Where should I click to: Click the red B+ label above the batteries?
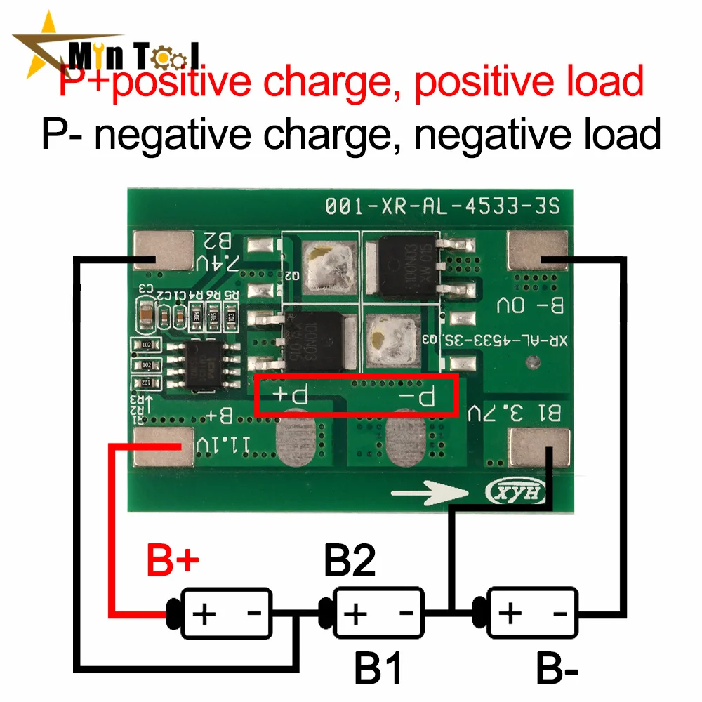[x=173, y=562]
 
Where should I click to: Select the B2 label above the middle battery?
[x=349, y=562]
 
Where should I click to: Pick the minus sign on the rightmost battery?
[x=560, y=613]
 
